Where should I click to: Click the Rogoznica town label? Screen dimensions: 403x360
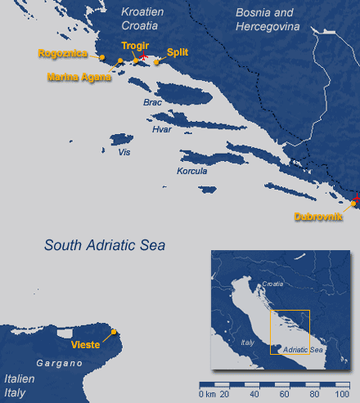62,54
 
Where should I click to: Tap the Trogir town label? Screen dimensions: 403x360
133,47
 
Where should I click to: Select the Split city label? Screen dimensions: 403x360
178,52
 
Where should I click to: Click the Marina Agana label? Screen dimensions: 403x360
79,78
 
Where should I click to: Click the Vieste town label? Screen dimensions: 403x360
86,344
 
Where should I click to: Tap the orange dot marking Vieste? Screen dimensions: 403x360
114,331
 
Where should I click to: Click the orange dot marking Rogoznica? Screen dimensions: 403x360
102,57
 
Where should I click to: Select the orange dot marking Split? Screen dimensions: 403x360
156,61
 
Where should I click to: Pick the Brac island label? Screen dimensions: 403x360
152,103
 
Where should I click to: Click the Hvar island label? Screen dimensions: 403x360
161,129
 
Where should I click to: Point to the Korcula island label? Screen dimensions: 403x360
192,171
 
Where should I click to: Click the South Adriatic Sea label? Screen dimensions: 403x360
105,244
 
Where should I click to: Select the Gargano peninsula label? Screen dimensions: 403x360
55,361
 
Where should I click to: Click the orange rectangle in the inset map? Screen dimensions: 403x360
290,332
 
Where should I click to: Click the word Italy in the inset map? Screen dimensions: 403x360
247,343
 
